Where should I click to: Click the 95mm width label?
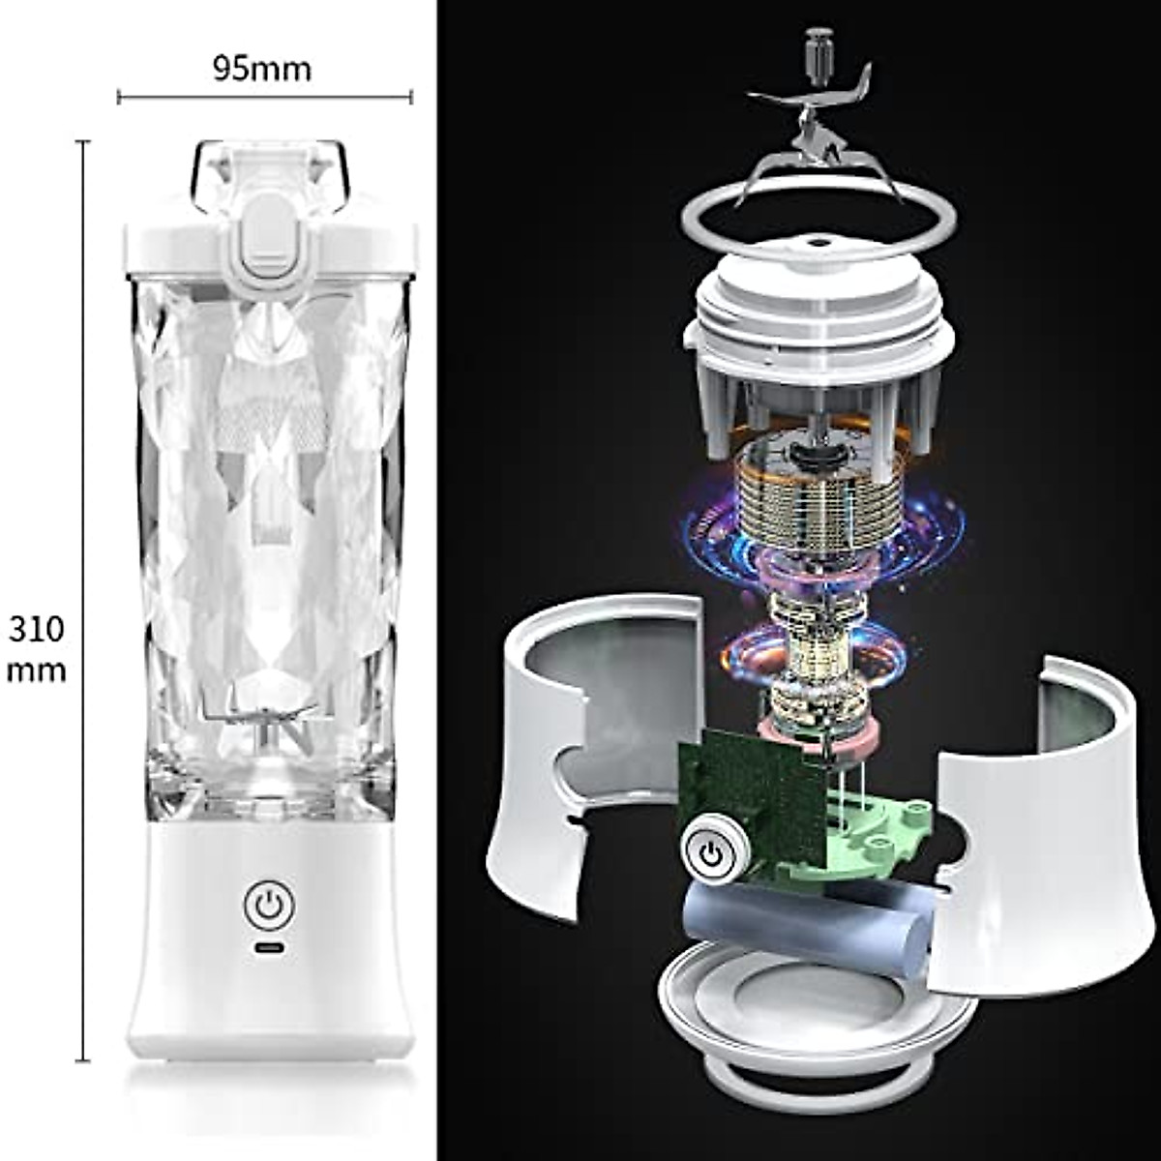pos(262,70)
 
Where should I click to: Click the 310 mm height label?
pos(37,648)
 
